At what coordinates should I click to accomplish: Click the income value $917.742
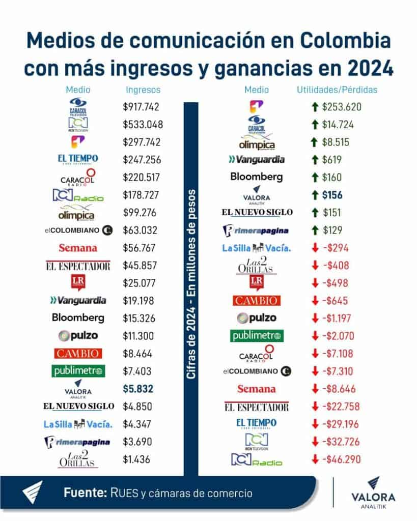click(142, 107)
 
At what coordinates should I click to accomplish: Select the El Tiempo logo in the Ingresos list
click(77, 160)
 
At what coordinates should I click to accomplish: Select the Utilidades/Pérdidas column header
click(337, 90)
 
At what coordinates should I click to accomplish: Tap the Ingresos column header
click(143, 90)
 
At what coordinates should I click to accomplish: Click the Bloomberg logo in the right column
click(256, 177)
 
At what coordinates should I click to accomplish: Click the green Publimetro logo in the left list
click(77, 371)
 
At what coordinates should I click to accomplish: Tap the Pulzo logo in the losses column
click(256, 318)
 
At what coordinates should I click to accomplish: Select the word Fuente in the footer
click(83, 493)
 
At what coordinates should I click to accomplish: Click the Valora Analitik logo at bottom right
click(373, 493)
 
